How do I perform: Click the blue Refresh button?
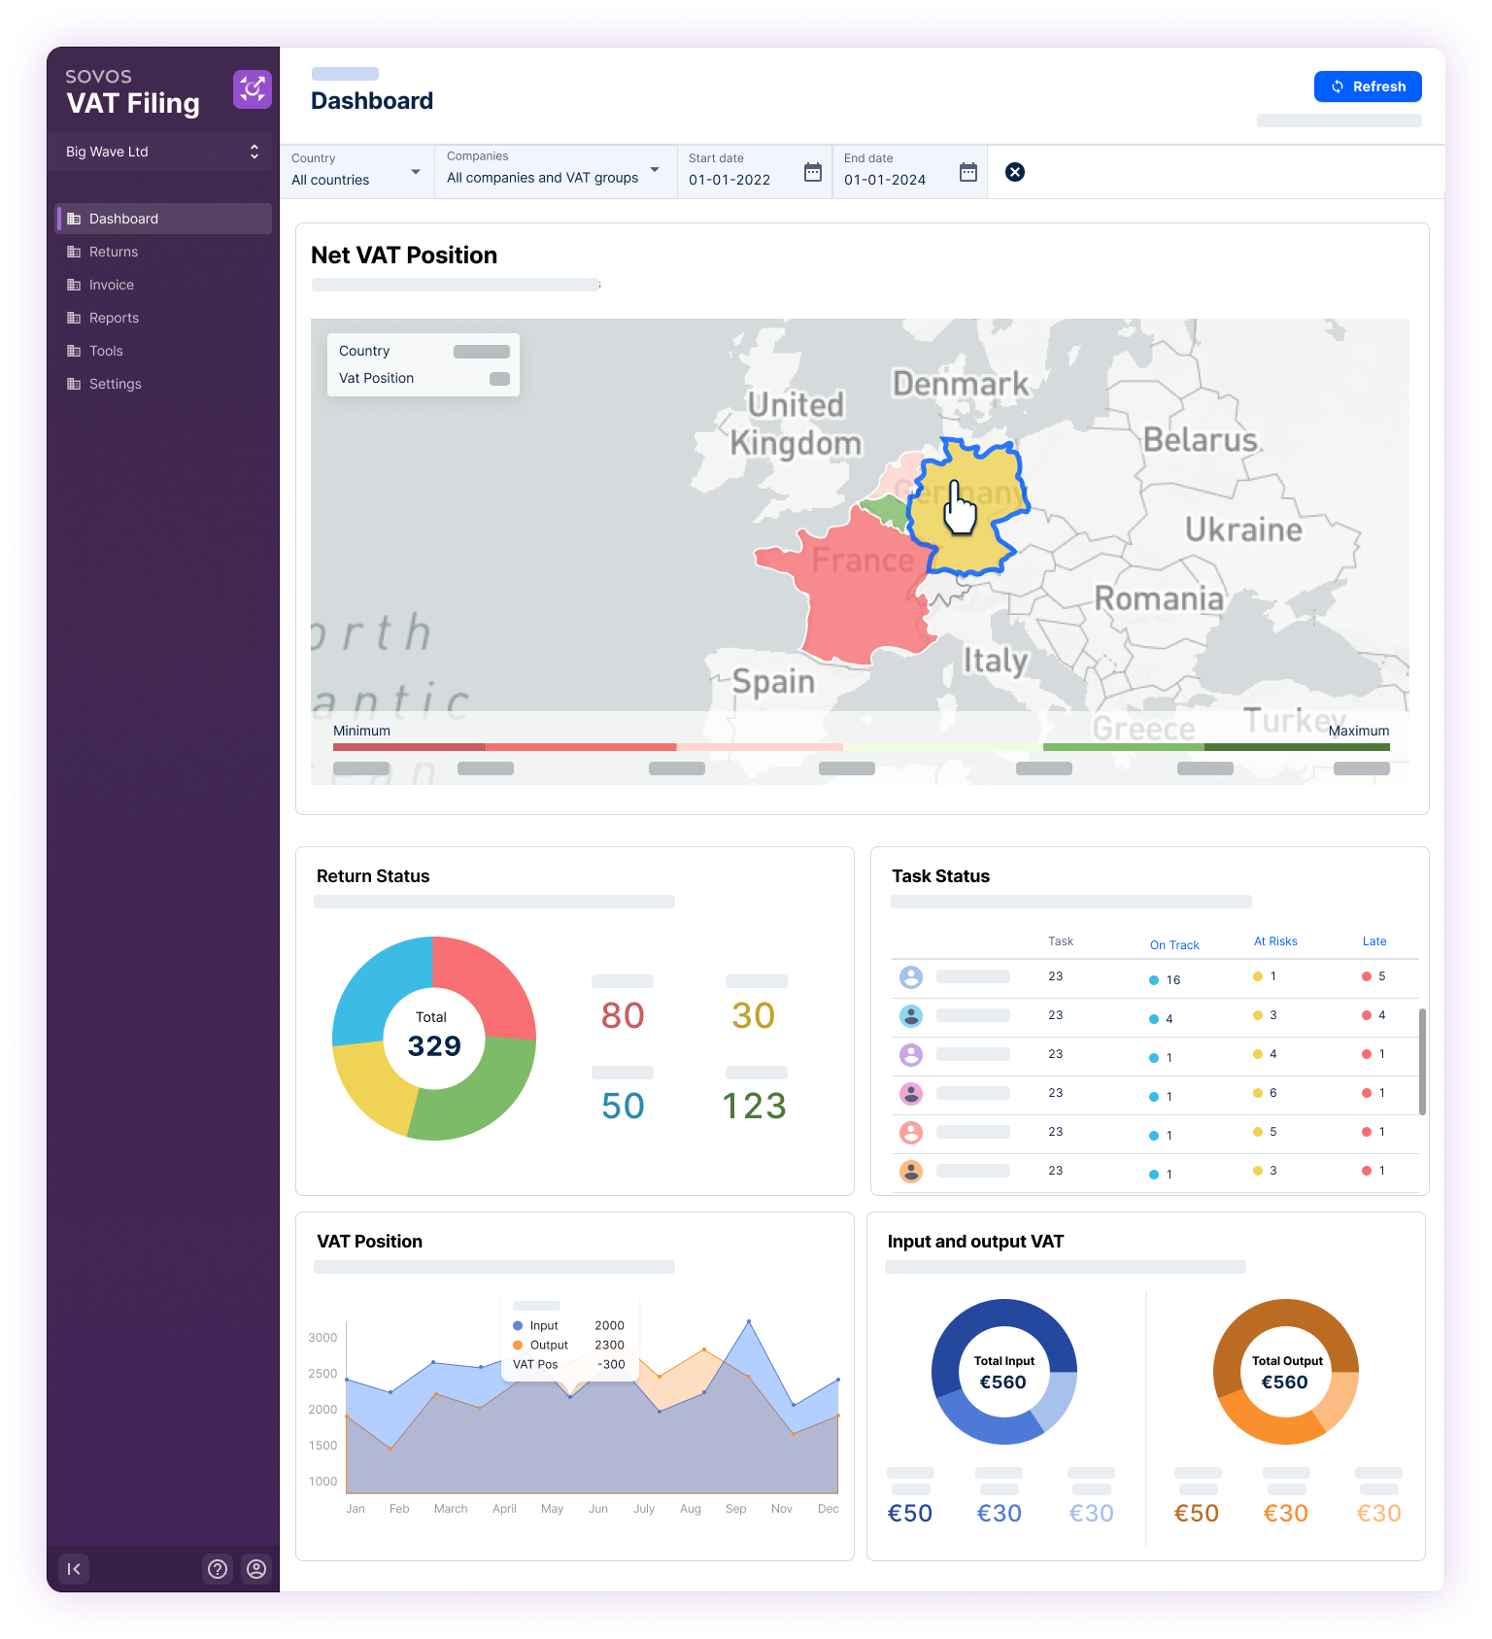[x=1367, y=86]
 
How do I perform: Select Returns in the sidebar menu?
[x=114, y=252]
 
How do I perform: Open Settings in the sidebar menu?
[x=115, y=384]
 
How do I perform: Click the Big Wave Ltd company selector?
[x=162, y=152]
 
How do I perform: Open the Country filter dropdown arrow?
[x=416, y=172]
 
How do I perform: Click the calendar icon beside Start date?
[x=813, y=172]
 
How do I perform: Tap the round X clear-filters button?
[x=1014, y=172]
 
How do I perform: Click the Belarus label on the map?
[x=1200, y=440]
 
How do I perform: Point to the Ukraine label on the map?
[x=1243, y=529]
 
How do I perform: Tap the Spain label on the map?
[x=773, y=681]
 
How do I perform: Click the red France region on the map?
[x=855, y=593]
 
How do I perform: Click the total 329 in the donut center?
[x=434, y=1046]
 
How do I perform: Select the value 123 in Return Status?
[x=754, y=1106]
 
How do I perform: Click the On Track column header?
[x=1174, y=945]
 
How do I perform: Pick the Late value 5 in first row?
[x=1381, y=976]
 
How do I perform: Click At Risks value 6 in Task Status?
[x=1272, y=1093]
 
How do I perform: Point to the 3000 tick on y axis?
[x=322, y=1338]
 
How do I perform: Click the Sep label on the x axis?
[x=735, y=1509]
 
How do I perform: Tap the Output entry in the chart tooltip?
[x=549, y=1346]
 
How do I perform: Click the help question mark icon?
[x=218, y=1569]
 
